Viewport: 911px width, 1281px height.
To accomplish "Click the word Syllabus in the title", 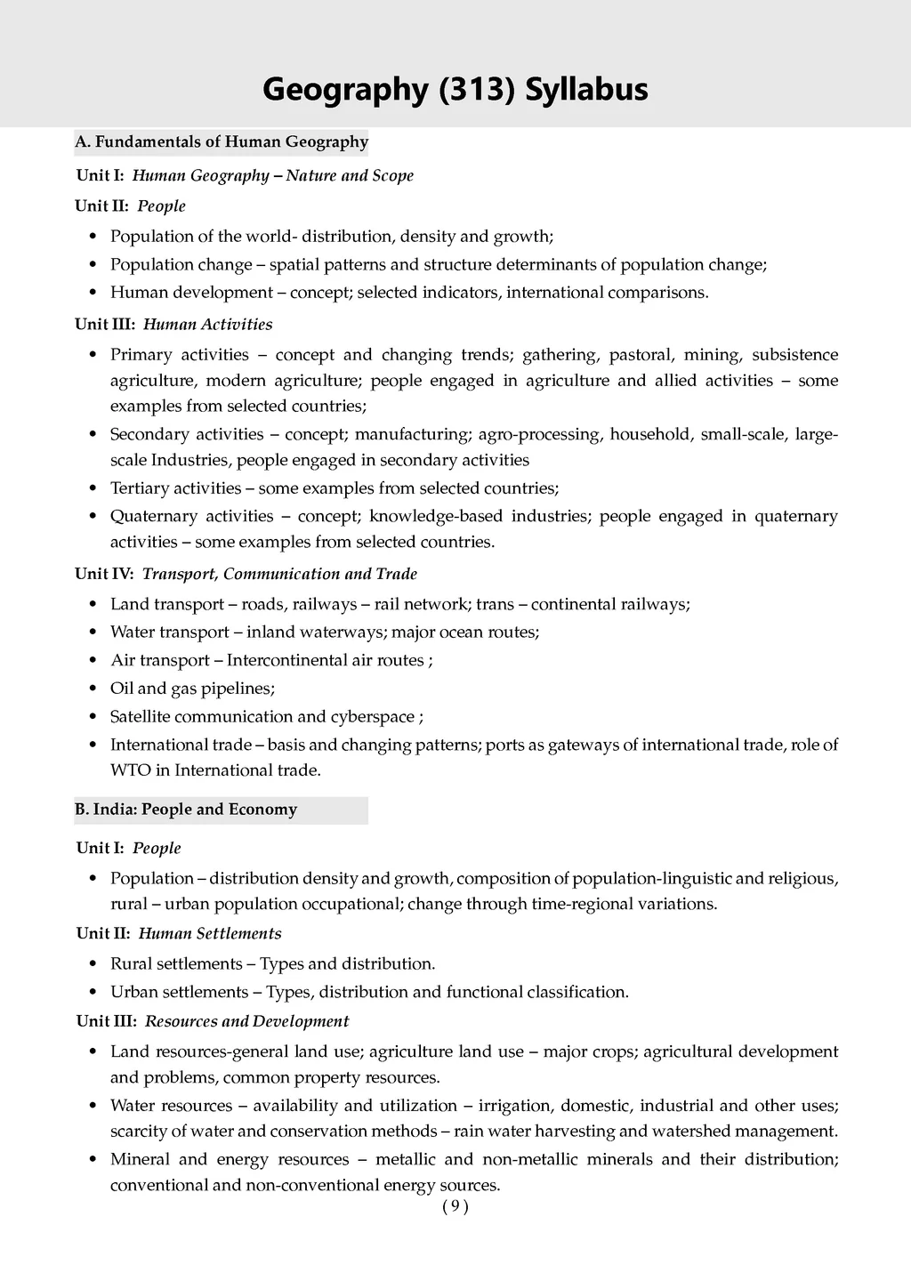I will point(586,90).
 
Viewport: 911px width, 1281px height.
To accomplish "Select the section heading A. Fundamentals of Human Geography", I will point(222,141).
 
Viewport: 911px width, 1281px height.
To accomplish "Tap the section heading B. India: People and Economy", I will point(186,810).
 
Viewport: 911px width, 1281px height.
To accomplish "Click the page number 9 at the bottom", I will point(455,1206).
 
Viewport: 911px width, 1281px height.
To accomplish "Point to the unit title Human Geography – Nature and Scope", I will point(272,175).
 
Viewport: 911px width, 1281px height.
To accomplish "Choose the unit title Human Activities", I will point(207,324).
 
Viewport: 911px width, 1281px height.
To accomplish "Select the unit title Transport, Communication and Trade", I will point(279,574).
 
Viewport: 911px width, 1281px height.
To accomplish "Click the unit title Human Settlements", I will point(210,933).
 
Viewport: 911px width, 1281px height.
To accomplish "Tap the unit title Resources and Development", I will point(246,1021).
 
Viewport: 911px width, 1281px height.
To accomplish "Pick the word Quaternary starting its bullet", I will point(148,516).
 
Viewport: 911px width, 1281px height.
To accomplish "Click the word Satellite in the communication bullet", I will point(140,716).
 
